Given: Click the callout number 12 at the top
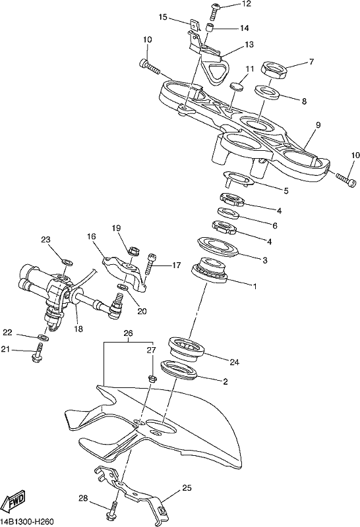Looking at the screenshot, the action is (246, 4).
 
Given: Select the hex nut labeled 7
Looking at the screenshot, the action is (274, 69).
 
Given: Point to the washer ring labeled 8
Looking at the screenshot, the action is (268, 93).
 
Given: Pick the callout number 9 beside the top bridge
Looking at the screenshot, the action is (318, 125).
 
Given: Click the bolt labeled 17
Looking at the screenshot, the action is (150, 265).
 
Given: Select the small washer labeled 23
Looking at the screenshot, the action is (67, 261).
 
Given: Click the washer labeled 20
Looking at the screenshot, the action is (123, 287).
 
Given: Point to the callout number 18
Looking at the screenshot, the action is (78, 328).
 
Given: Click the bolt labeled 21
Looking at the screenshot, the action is (38, 352).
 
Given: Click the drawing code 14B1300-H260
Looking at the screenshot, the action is (26, 522).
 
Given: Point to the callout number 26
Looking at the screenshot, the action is (128, 333).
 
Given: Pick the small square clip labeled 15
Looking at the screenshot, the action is (193, 25).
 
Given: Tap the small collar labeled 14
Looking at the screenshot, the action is (210, 28).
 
